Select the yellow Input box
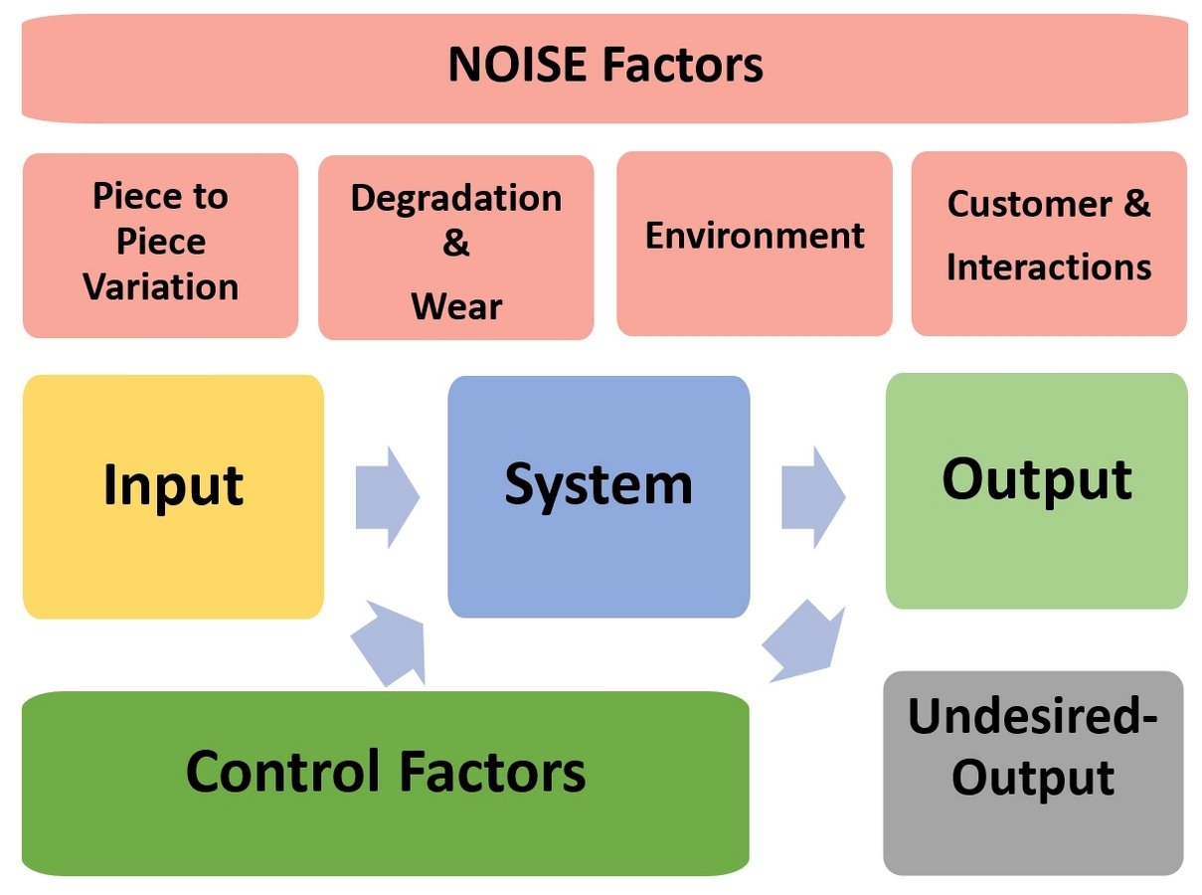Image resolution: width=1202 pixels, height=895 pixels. coord(173,496)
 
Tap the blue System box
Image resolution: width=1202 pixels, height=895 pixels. coord(599,496)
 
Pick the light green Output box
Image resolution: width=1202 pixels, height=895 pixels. coord(1036,490)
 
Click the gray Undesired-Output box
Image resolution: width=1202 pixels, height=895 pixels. coord(1033,773)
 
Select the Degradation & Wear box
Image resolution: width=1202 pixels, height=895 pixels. coord(456,248)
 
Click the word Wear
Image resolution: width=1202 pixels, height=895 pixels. coord(456,306)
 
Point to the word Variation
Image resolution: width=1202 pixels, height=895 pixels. coord(161,287)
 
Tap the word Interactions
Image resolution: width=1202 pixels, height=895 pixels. coord(1049,268)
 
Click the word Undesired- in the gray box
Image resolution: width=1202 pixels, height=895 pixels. coord(1033,716)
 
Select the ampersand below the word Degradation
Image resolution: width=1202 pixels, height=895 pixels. coord(456,245)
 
